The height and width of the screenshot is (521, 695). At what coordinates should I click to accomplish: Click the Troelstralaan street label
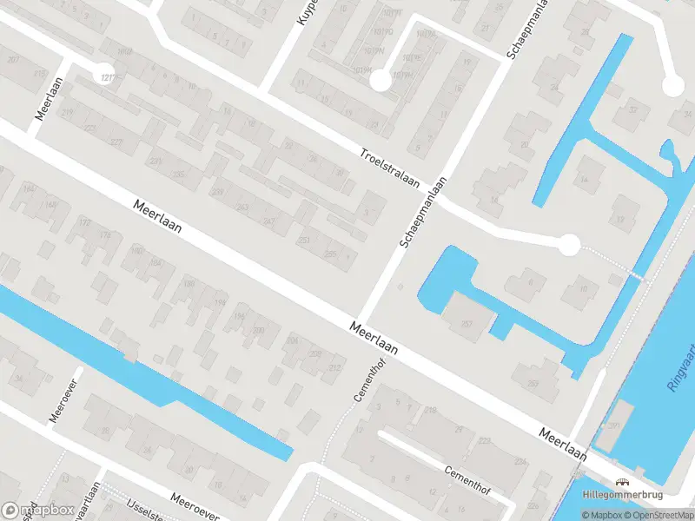[x=390, y=168]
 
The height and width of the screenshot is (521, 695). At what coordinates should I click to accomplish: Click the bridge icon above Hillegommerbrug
[x=623, y=483]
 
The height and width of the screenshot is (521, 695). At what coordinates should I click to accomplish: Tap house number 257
[x=466, y=324]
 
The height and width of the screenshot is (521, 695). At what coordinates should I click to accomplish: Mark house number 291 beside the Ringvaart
[x=614, y=425]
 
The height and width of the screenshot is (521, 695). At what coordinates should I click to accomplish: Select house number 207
[x=12, y=59]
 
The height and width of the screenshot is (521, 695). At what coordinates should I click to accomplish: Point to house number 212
[x=334, y=369]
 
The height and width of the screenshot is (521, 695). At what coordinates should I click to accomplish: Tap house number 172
[x=84, y=223]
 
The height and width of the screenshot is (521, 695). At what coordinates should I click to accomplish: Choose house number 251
[x=304, y=241]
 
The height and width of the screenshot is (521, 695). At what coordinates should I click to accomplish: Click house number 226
[x=532, y=505]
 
